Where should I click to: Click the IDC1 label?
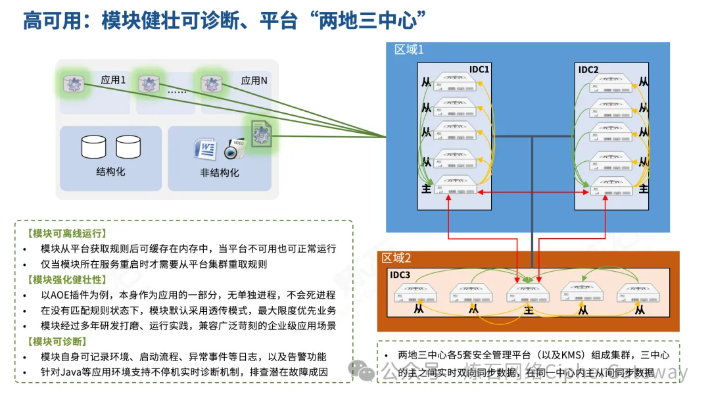(x=479, y=70)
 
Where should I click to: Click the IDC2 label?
(x=588, y=70)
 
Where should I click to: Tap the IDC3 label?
(x=400, y=275)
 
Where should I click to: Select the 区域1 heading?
(x=409, y=50)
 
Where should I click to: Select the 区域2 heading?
(x=397, y=258)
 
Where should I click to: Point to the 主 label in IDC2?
(x=644, y=189)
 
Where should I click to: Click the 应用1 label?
(x=112, y=80)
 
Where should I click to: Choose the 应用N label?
(x=254, y=81)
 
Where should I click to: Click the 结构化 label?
(x=110, y=172)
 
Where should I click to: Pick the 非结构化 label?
(x=220, y=173)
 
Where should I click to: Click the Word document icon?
(x=205, y=149)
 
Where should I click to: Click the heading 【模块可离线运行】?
(x=66, y=234)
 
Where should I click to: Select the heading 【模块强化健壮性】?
(x=66, y=279)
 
